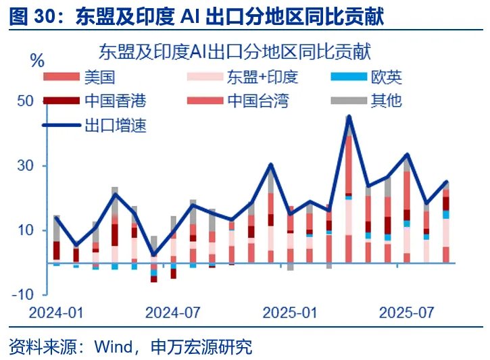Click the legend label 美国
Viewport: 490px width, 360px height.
tap(99, 78)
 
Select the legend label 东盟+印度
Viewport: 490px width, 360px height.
tap(262, 78)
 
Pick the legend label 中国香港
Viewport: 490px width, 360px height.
tap(116, 101)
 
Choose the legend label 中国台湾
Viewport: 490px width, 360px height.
tap(258, 101)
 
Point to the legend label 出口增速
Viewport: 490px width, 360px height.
tap(116, 125)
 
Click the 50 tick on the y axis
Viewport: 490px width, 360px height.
tap(25, 101)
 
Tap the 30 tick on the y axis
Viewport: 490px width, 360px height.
tap(25, 166)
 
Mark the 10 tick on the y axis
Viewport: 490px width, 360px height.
tap(25, 230)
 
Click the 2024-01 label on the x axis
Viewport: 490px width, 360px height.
tap(56, 313)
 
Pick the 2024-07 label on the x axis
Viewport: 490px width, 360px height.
tap(173, 313)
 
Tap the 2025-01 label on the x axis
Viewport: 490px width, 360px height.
tap(289, 313)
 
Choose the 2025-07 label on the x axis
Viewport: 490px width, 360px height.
tap(406, 313)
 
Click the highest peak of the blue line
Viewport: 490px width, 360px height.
tap(349, 117)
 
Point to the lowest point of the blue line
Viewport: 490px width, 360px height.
tap(154, 255)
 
